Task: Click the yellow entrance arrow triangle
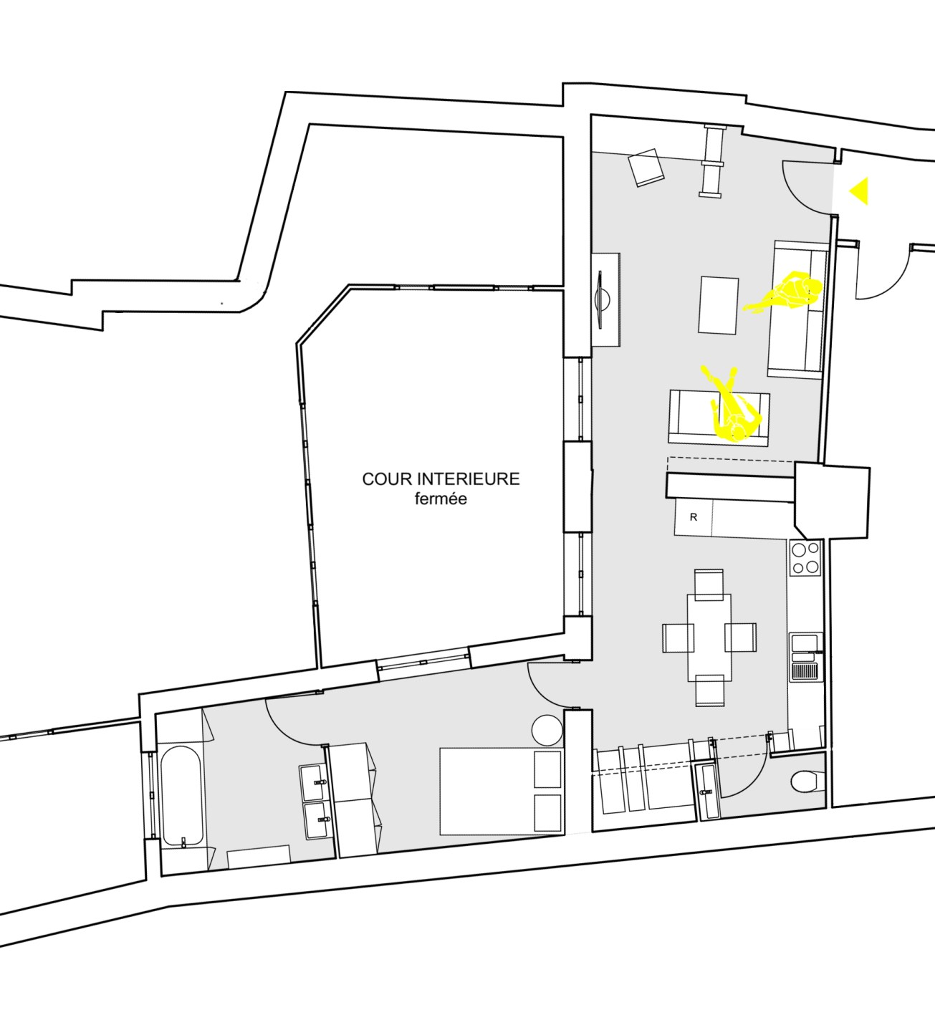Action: (859, 191)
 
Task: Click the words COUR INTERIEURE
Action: (441, 479)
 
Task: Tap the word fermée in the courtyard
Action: (441, 499)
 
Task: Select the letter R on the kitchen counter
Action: (693, 517)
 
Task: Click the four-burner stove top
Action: (805, 557)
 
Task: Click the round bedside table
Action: (548, 731)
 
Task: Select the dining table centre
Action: (709, 637)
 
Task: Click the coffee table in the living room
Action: (719, 305)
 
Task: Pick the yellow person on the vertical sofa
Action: (787, 294)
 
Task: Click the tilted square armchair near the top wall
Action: (646, 168)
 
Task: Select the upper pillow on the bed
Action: (547, 770)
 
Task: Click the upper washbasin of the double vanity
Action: (314, 781)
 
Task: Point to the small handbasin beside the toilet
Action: (706, 792)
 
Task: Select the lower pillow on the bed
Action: (547, 812)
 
